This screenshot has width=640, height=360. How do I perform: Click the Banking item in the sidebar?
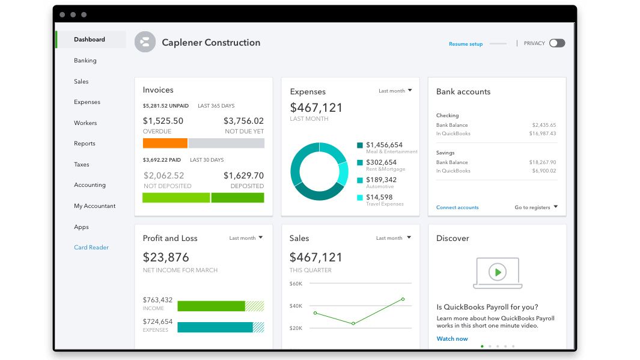[85, 61]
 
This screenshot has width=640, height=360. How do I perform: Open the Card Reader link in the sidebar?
[91, 248]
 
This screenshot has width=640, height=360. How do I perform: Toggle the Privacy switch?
[556, 43]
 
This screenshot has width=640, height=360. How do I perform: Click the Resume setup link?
[465, 44]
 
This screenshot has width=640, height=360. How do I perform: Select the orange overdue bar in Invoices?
[165, 143]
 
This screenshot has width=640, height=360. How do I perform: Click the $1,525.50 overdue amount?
[163, 121]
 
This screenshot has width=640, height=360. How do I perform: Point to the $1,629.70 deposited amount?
[243, 175]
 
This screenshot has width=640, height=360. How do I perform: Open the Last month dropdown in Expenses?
[395, 91]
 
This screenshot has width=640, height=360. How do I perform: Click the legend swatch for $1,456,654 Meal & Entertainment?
[360, 145]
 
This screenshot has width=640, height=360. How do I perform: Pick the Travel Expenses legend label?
[385, 204]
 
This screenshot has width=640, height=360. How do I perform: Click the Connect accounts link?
[457, 207]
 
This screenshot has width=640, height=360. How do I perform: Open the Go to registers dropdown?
[536, 207]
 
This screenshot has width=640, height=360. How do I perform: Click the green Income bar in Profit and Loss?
[211, 306]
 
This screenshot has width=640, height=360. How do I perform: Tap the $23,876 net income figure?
[166, 257]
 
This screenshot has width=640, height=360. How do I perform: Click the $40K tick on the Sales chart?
[296, 306]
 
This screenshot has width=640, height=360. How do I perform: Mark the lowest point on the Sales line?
[353, 323]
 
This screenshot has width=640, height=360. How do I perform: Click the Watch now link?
[452, 339]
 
